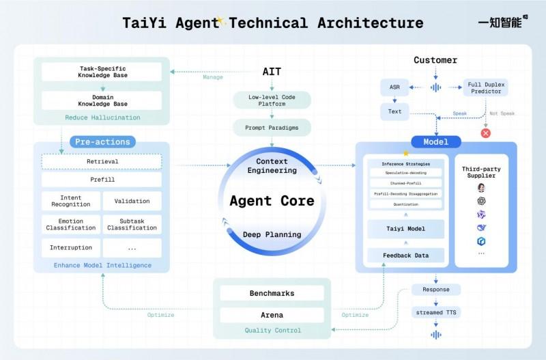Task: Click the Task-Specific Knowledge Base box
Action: tap(101, 72)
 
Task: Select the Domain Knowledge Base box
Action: tap(101, 100)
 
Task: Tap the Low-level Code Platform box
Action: tap(272, 100)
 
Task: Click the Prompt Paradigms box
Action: tap(272, 127)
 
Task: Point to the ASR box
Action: tap(394, 87)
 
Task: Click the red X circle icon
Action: tap(486, 133)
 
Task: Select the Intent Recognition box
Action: tap(70, 200)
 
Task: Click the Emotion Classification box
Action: tap(70, 224)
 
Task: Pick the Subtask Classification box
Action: tap(132, 224)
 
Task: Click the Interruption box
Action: tap(70, 247)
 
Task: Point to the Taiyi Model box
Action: tap(406, 229)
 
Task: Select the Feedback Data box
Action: tap(406, 255)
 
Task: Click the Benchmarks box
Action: tap(272, 293)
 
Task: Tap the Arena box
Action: tap(272, 315)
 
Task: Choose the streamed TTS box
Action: tap(435, 311)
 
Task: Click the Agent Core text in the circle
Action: tap(272, 201)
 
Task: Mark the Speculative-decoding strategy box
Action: tap(406, 173)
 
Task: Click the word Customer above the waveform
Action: tap(435, 60)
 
